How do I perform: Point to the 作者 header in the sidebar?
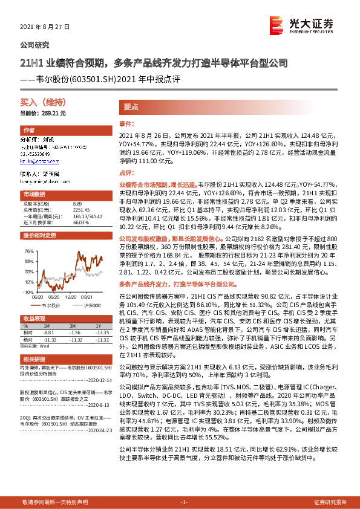(28, 131)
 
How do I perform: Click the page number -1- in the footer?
(185, 502)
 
